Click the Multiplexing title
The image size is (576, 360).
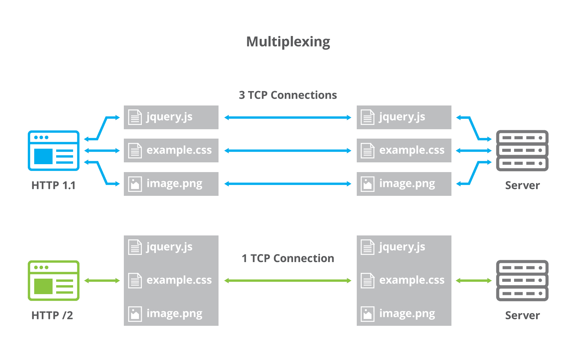(288, 42)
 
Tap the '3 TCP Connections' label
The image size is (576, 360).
(288, 95)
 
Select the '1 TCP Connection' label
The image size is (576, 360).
(288, 258)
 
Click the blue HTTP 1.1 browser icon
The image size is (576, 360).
(54, 150)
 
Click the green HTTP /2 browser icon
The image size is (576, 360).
(54, 280)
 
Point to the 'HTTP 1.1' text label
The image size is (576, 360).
(53, 185)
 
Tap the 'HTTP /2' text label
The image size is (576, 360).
(52, 315)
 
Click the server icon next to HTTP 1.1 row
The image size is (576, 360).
(522, 150)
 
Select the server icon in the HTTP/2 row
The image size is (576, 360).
(522, 280)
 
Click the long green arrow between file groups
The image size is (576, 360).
(288, 280)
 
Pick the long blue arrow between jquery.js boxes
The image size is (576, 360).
(288, 117)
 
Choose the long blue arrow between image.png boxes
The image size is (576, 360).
(288, 184)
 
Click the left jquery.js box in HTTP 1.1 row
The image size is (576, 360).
(171, 117)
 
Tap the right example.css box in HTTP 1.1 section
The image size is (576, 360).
(404, 150)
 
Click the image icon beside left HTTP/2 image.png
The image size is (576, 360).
(135, 314)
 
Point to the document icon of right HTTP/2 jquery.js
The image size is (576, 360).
(368, 247)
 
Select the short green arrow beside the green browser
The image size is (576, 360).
(102, 280)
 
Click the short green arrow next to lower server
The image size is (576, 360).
(473, 280)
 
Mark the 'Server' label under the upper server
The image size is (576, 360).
(522, 185)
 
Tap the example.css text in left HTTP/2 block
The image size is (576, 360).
(179, 280)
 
